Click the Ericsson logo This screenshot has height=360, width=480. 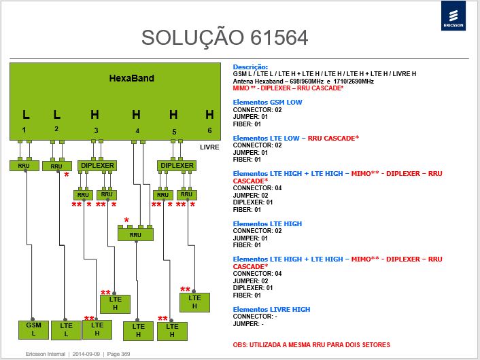click(x=453, y=16)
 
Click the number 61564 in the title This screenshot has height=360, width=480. click(x=279, y=37)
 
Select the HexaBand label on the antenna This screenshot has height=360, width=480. click(x=132, y=78)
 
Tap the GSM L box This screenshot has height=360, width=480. click(x=34, y=329)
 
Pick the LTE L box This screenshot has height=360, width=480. click(x=66, y=330)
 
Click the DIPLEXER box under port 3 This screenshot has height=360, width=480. click(x=97, y=166)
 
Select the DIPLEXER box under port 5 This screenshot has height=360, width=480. click(x=177, y=166)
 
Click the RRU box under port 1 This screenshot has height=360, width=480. click(x=24, y=166)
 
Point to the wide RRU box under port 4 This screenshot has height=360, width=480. click(x=135, y=234)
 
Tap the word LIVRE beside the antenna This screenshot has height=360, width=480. click(x=209, y=147)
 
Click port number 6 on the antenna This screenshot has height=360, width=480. click(x=209, y=130)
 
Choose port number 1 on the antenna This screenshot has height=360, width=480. click(x=24, y=130)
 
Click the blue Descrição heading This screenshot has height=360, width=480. click(x=250, y=67)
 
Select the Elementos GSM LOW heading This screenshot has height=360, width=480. click(x=268, y=102)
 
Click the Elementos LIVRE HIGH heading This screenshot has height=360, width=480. click(x=271, y=309)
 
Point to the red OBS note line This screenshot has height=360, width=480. click(x=311, y=344)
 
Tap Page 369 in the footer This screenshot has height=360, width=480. click(x=118, y=354)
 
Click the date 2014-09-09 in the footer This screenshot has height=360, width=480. click(x=86, y=354)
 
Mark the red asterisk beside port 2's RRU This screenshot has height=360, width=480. click(x=67, y=175)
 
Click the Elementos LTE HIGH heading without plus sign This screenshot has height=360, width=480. click(x=268, y=223)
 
